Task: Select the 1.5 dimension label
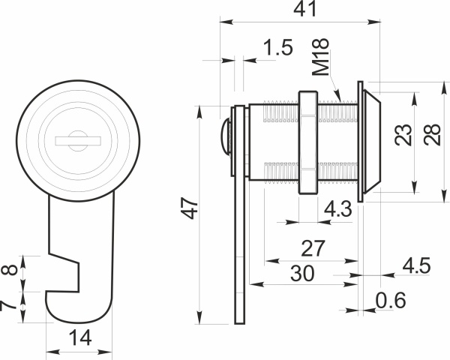tap(278, 49)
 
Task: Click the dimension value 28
tap(431, 135)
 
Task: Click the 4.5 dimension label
tap(416, 265)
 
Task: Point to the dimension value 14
tap(77, 338)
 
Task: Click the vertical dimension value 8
tap(10, 271)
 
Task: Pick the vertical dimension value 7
tap(10, 306)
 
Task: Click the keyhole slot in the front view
tap(77, 139)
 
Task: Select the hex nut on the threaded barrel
tap(307, 142)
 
